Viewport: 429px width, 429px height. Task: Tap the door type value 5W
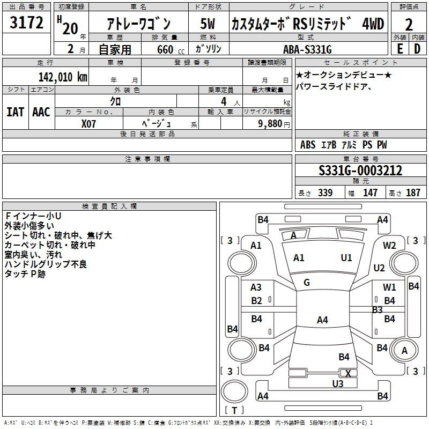click(x=208, y=24)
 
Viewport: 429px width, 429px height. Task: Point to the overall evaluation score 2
click(x=409, y=25)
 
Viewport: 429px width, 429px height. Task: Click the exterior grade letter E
click(x=400, y=48)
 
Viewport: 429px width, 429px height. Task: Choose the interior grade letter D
click(x=417, y=48)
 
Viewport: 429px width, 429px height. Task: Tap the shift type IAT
click(x=16, y=112)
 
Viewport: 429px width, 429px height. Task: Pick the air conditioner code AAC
click(x=41, y=112)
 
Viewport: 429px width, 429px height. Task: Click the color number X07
click(x=89, y=123)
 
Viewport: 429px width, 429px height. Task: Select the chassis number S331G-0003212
click(x=360, y=171)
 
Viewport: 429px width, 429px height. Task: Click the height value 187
click(x=413, y=193)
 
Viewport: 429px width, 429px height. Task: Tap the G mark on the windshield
click(x=307, y=283)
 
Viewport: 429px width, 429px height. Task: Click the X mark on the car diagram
click(x=348, y=374)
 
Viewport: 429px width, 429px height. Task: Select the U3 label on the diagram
click(x=337, y=383)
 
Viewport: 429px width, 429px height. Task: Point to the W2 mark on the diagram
click(x=389, y=246)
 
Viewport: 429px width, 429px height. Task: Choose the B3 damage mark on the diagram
click(x=377, y=310)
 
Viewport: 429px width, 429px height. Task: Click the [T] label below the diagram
click(x=234, y=410)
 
